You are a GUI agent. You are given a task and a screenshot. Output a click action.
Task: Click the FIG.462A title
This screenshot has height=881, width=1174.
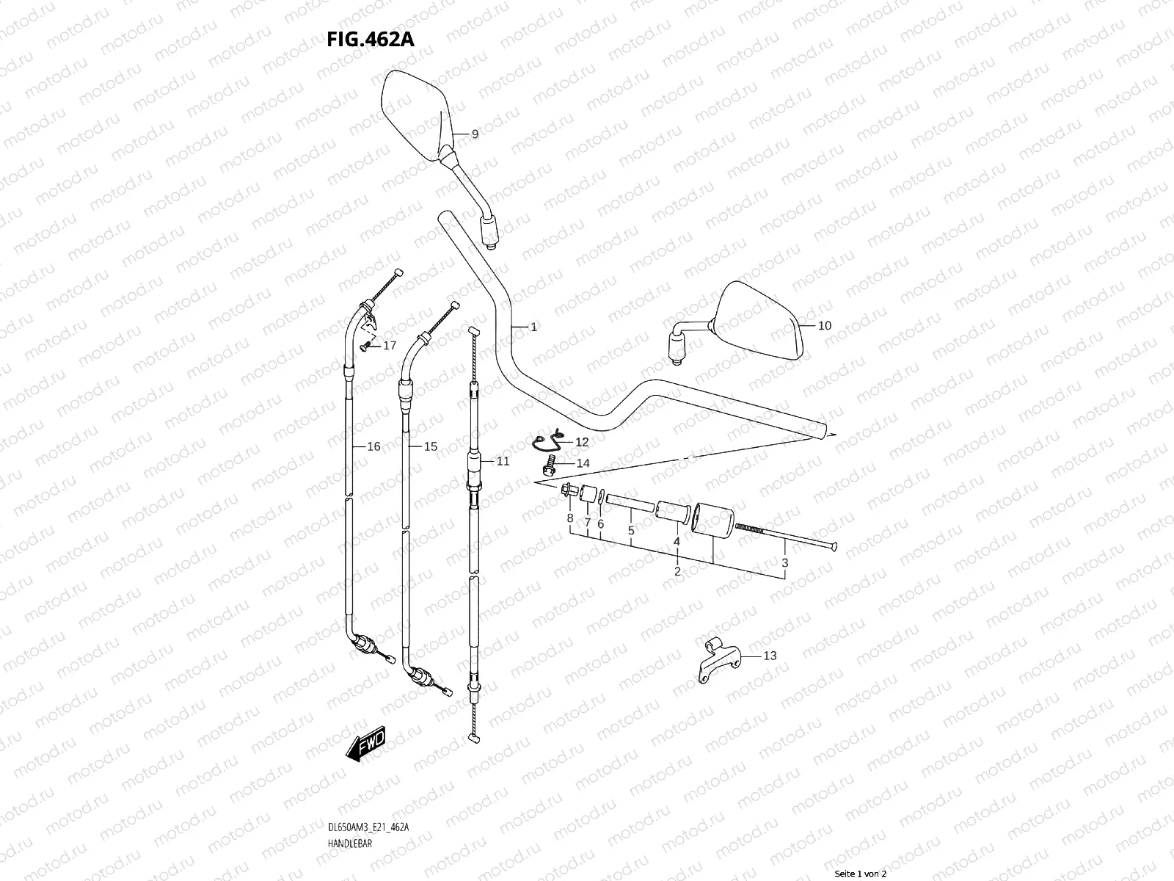(x=371, y=39)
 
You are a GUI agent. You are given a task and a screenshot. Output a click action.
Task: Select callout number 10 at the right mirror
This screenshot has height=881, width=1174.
(x=825, y=325)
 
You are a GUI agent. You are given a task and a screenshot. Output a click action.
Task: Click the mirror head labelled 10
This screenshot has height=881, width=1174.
(x=759, y=321)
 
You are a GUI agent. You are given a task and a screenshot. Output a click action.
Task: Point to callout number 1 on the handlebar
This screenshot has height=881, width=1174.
(x=533, y=327)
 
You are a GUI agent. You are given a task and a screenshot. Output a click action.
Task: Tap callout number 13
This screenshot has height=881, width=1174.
(x=770, y=656)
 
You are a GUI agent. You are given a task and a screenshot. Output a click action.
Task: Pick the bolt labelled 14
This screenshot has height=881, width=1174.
(x=549, y=464)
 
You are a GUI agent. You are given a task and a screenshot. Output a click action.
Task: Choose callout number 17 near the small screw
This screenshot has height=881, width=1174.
(x=389, y=345)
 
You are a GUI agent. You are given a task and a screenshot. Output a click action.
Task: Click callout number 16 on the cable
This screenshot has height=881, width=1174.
(x=373, y=446)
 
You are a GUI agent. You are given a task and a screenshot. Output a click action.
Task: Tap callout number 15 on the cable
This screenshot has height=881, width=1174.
(x=431, y=446)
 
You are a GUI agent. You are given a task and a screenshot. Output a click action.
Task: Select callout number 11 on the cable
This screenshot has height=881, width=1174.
(x=503, y=461)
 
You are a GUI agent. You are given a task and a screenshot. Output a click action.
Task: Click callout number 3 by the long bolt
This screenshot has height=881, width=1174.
(x=784, y=562)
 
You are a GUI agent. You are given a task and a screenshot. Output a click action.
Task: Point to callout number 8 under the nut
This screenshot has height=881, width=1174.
(x=569, y=518)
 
